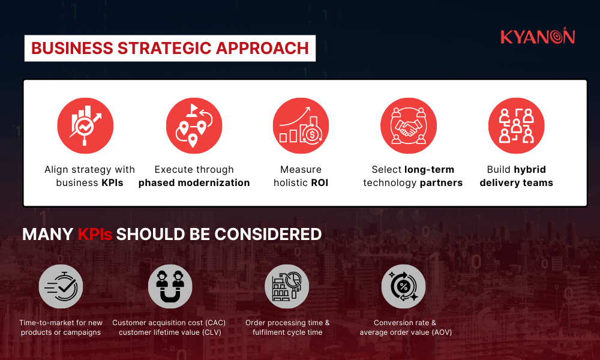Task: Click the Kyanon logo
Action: pos(538,37)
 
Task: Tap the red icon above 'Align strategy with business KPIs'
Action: pos(86,125)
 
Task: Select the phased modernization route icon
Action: pos(194,125)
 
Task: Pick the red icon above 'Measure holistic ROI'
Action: pos(301,125)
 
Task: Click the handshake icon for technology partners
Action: pos(408,125)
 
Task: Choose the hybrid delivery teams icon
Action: pos(516,125)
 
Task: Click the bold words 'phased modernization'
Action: pos(194,183)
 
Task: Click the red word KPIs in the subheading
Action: pos(95,235)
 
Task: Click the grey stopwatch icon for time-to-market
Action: pos(61,287)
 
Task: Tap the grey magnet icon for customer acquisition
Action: pos(170,287)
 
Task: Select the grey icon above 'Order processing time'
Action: pos(287,287)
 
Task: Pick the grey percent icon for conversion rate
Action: pos(403,287)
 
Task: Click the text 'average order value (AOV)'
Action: pos(406,332)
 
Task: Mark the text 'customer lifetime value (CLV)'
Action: pos(170,332)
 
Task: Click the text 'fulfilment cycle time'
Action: pos(287,332)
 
